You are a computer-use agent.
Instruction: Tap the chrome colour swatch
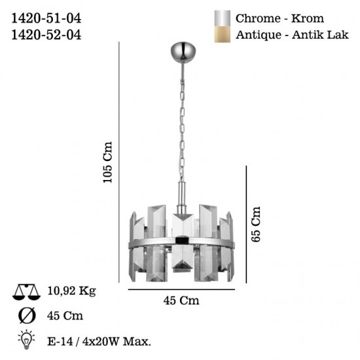[223, 18]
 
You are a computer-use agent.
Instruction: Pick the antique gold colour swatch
[223, 33]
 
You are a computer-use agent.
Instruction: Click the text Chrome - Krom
[280, 18]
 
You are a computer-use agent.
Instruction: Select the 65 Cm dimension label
[256, 224]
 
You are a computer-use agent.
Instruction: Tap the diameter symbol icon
[27, 316]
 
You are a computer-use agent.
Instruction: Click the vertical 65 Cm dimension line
[245, 224]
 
